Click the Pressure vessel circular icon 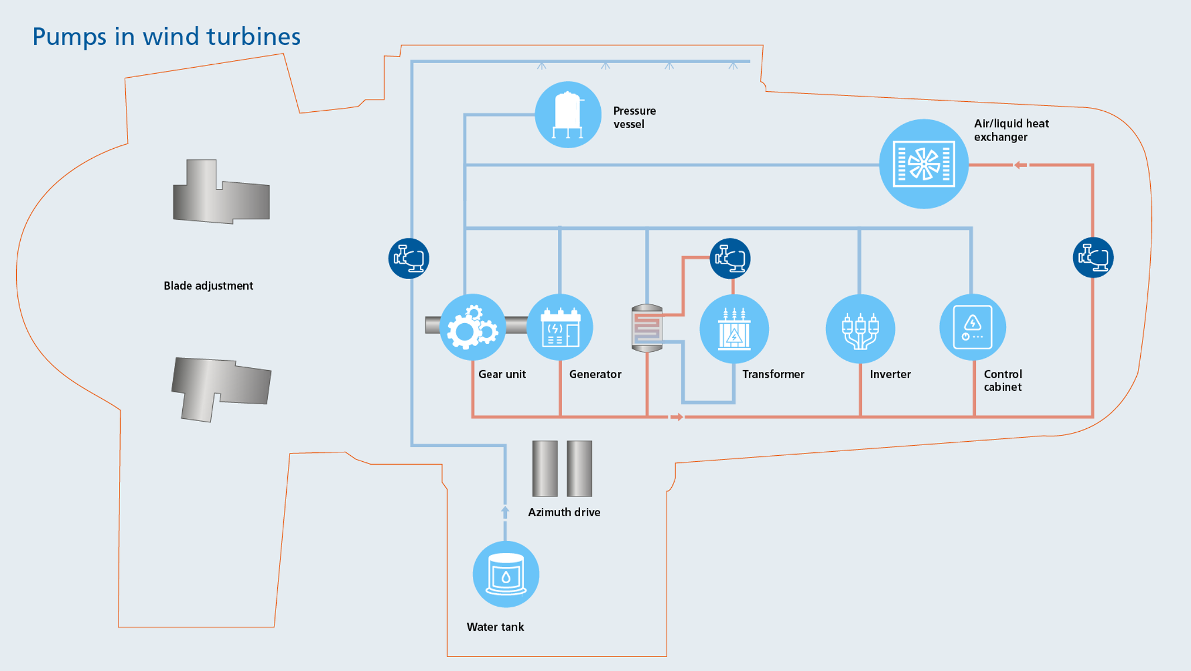point(568,115)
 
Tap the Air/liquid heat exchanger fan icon point(923,164)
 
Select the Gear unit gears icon point(472,328)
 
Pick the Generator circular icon point(560,328)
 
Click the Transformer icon point(734,329)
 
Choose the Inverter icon point(860,329)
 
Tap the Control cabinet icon point(972,328)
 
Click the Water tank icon point(506,574)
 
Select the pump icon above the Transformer point(730,258)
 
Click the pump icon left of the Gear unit point(409,258)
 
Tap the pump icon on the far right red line point(1093,257)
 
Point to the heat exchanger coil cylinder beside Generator point(647,328)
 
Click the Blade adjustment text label point(208,286)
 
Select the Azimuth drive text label point(564,512)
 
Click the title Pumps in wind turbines point(166,37)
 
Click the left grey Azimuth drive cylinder point(544,469)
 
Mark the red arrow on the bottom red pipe point(676,417)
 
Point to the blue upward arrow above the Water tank point(505,511)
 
